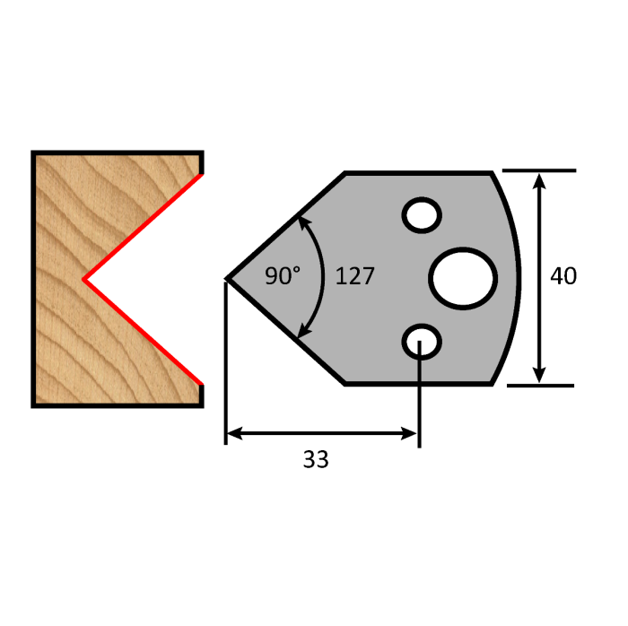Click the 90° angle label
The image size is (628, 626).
283,276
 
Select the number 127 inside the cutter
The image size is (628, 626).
354,276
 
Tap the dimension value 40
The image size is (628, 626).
563,276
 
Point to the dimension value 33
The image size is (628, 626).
316,460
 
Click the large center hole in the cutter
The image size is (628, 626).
463,278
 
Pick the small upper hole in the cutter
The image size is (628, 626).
421,215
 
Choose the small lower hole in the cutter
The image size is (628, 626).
421,342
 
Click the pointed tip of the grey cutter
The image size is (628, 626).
228,279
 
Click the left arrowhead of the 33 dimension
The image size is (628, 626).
231,434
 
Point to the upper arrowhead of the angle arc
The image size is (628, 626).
301,220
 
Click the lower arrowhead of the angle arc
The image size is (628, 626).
301,336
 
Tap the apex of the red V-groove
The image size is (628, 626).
85,280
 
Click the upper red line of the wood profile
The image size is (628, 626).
144,226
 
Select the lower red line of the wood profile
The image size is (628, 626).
144,332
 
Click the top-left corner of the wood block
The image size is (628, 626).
35,153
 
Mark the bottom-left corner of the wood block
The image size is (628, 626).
35,405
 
